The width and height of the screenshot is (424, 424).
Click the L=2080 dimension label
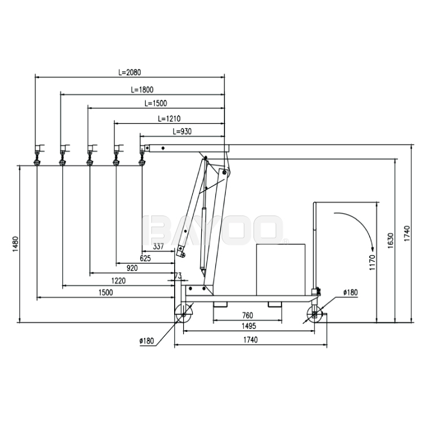[130, 72]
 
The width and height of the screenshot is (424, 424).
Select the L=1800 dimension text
[142, 89]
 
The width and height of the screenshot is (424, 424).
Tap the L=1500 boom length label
[156, 103]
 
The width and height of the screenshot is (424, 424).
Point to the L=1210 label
[169, 119]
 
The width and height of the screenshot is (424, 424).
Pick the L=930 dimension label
[182, 131]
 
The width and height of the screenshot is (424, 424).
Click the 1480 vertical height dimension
[15, 244]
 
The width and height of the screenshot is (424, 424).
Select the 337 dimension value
[158, 246]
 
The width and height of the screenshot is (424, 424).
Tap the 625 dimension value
[145, 258]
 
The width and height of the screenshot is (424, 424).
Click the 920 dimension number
[132, 268]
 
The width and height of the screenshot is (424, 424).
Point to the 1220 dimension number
[119, 280]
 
